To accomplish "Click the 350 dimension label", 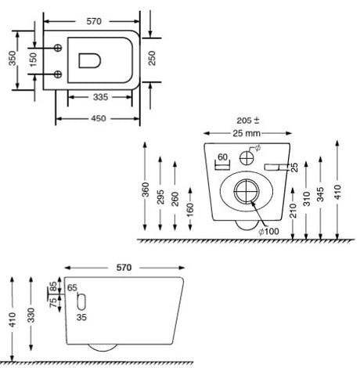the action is (13, 58).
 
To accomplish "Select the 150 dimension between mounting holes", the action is (33, 60).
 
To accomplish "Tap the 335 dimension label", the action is (100, 97).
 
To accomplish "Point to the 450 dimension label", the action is (99, 118).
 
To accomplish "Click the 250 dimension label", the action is (152, 58).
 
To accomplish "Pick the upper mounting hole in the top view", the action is (58, 48).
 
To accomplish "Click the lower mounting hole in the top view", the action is (58, 74).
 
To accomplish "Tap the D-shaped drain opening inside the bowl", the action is (90, 61).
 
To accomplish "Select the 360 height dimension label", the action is (146, 189).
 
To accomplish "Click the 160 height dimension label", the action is (190, 210).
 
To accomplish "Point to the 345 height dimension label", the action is (320, 194).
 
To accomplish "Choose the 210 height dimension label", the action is (293, 211).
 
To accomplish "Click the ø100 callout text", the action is (268, 231).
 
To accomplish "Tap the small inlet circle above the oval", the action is (247, 158).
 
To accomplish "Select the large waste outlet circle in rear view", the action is (247, 192).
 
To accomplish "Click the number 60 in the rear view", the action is (222, 157).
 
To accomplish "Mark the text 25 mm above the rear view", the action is (247, 133).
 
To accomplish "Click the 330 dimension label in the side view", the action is (31, 316).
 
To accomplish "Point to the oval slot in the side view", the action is (81, 301).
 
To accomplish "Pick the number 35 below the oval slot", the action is (81, 317).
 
